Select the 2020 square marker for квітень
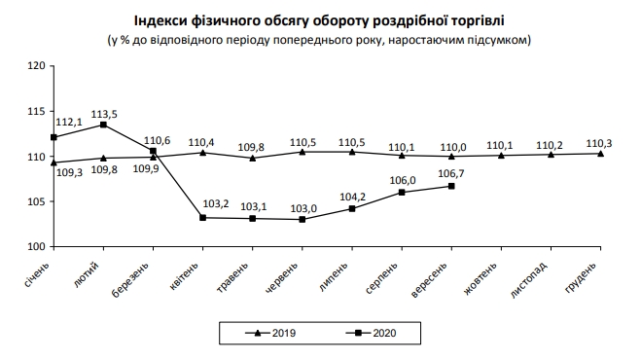202,218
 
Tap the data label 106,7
451,174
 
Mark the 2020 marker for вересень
451,186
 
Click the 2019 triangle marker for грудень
600,154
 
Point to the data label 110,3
600,142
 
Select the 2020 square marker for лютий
103,125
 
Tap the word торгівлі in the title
478,18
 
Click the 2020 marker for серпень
402,193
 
